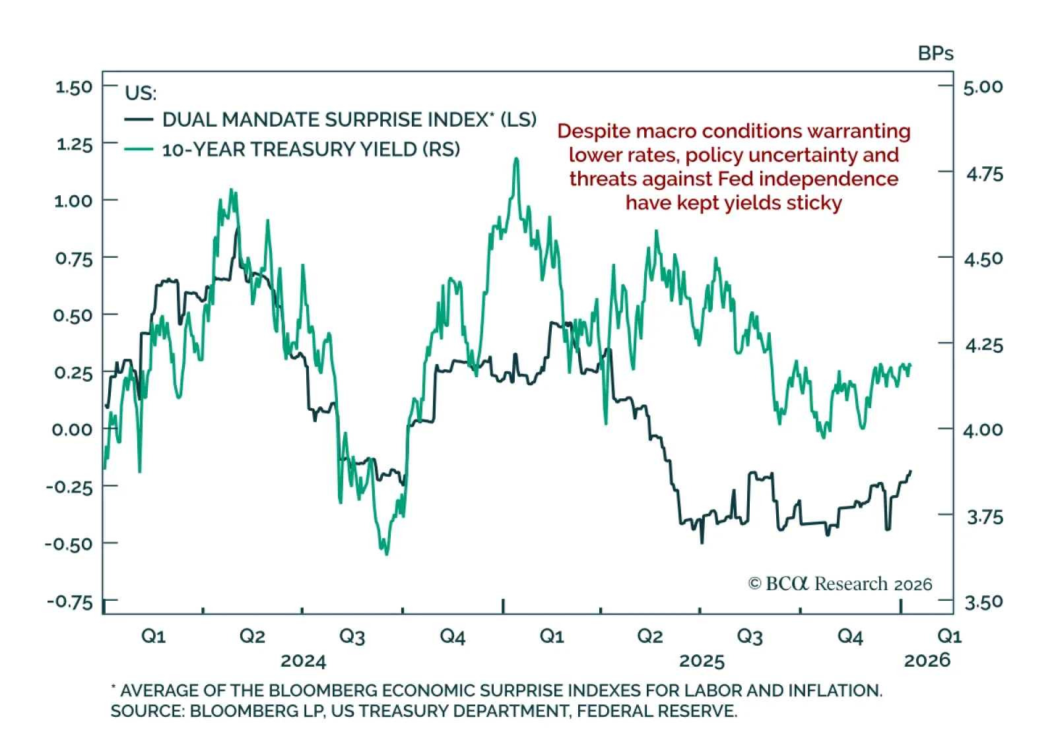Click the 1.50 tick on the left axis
(x=74, y=87)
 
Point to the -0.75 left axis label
(x=70, y=602)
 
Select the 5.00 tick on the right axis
(x=983, y=87)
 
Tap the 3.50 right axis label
(x=983, y=602)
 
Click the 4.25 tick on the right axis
(x=983, y=345)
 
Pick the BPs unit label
(x=935, y=53)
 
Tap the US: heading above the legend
(x=141, y=93)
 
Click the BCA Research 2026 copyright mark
(x=840, y=584)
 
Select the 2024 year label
(x=303, y=661)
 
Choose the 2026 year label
(x=927, y=660)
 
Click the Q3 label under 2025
(x=749, y=636)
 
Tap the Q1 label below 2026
(x=949, y=636)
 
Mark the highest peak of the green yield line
(x=516, y=158)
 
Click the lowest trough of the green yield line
(x=387, y=553)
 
